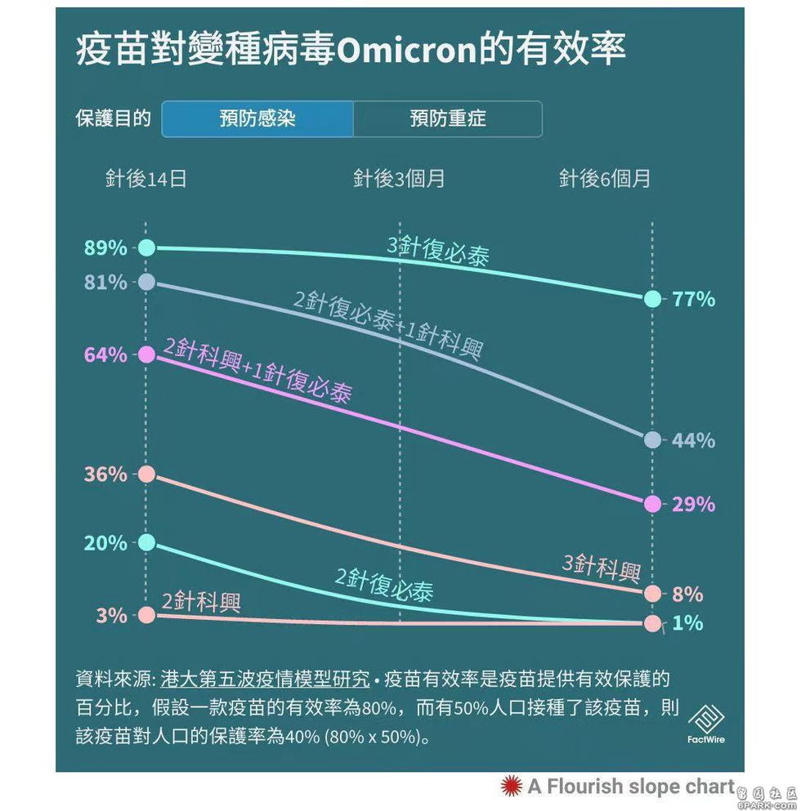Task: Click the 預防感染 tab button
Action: (257, 119)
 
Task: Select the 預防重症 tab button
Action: (448, 119)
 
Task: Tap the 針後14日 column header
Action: (146, 179)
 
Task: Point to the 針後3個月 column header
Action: (399, 179)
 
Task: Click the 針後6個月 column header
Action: (605, 179)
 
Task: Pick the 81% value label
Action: (105, 283)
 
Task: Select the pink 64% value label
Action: (105, 355)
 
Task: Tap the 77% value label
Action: (693, 300)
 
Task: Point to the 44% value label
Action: (693, 441)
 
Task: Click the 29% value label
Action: (693, 505)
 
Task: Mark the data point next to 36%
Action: (146, 475)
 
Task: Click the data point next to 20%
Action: (146, 542)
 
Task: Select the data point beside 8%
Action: (652, 594)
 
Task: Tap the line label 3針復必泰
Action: (439, 251)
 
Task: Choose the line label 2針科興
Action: (201, 603)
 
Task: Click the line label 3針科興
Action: (601, 567)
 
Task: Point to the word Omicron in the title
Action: (406, 51)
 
